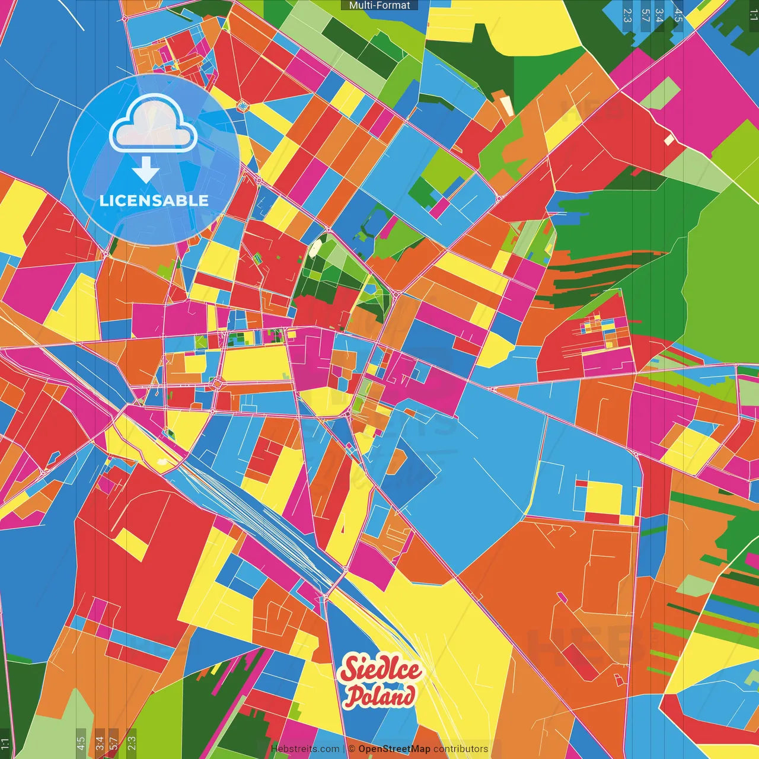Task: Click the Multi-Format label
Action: tap(379, 5)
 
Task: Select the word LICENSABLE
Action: tap(154, 200)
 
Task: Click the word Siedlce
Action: tap(381, 670)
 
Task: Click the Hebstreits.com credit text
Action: tap(305, 749)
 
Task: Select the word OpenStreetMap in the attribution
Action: tap(394, 749)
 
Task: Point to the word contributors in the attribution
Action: tap(460, 749)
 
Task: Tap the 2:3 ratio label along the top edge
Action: tap(627, 15)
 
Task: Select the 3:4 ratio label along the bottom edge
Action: tap(99, 743)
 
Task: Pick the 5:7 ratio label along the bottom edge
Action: tap(113, 743)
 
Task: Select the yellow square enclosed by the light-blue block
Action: tap(603, 498)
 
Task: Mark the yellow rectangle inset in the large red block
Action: tap(131, 544)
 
